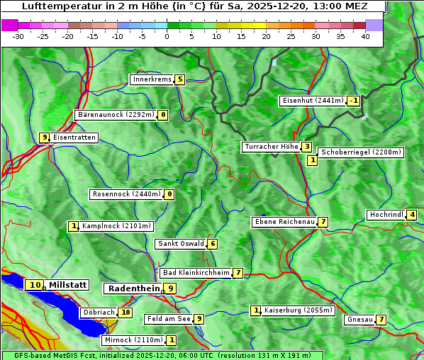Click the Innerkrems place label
(152, 79)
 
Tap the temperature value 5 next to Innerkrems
(180, 79)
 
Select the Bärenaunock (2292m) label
(115, 115)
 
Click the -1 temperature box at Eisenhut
(353, 101)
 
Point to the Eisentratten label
(74, 137)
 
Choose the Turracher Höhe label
(271, 147)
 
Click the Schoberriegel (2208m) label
(361, 152)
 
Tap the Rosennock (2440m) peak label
(126, 194)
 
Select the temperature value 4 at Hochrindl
(412, 215)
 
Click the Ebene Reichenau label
(284, 222)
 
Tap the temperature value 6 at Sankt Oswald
(212, 244)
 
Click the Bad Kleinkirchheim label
(196, 273)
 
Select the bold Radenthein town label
(133, 288)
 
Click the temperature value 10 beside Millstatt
(35, 285)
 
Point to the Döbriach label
(98, 312)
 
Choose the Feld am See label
(169, 319)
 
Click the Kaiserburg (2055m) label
(297, 310)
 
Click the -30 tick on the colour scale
(18, 36)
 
